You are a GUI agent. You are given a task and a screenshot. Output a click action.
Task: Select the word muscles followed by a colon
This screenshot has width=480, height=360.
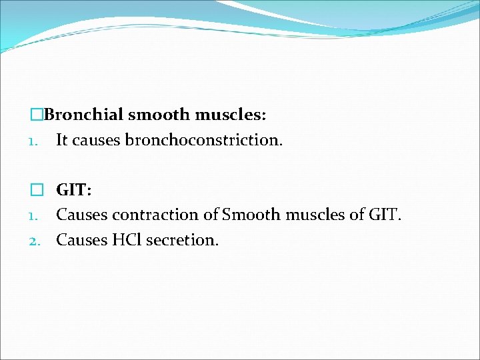(x=231, y=115)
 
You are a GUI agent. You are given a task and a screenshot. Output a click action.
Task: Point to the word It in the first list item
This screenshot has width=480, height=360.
(x=62, y=140)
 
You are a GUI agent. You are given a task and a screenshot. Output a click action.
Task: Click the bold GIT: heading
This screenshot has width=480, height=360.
(x=74, y=190)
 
